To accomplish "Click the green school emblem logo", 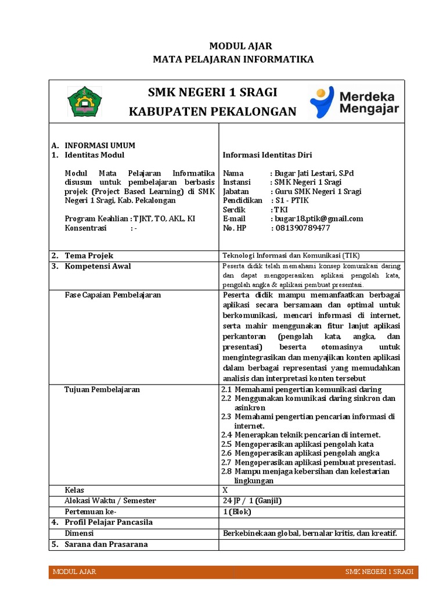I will pos(85,101).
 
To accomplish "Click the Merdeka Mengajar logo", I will pos(354,102).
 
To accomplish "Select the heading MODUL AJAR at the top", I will pos(232,46).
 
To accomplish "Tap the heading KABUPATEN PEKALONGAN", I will pos(212,112).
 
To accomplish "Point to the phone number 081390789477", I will pos(302,228).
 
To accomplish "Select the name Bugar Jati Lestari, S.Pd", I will pos(316,173).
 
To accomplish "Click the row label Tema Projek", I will pos(89,256).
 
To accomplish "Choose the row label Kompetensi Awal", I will pos(98,266).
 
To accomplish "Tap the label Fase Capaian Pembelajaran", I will pos(113,295).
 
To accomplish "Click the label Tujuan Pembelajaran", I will pos(102,389).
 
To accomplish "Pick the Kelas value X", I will pos(225,490).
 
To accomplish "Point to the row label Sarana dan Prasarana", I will pos(106,544).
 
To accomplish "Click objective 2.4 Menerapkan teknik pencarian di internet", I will pos(301,435).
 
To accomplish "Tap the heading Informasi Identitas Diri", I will pos(268,155).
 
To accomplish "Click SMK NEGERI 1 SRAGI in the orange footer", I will pos(379,572).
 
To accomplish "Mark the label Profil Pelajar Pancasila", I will pos(108,522).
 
